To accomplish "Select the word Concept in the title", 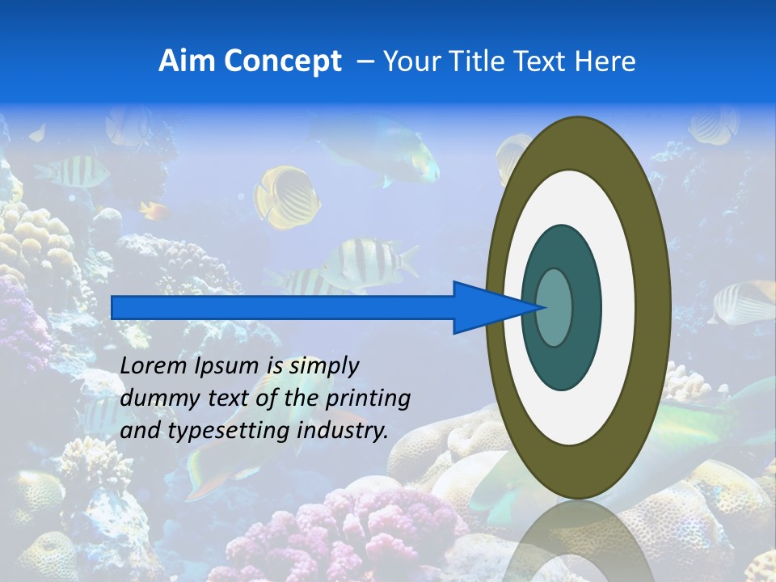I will click(282, 62).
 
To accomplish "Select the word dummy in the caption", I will click(150, 399).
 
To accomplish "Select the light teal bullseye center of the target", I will click(555, 307).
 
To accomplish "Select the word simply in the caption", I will click(323, 366).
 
